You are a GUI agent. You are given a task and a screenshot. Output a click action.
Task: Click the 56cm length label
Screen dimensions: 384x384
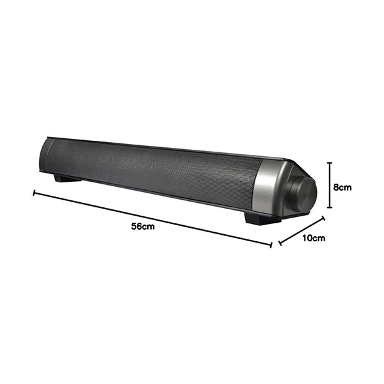click(x=143, y=227)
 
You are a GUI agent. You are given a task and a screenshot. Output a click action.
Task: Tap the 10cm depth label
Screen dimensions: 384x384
click(x=314, y=238)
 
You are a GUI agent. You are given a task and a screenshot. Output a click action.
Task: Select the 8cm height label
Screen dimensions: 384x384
click(x=342, y=188)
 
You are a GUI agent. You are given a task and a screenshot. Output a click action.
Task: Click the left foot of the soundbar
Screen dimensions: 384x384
click(x=67, y=178)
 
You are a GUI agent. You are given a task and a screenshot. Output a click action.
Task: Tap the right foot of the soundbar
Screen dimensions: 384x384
click(x=261, y=219)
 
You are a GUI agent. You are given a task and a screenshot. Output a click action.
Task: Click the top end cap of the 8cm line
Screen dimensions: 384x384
click(x=330, y=163)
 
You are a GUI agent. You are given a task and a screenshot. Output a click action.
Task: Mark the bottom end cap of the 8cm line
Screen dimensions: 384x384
click(x=330, y=207)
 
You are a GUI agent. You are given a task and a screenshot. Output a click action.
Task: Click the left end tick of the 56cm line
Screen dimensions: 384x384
click(x=35, y=193)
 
